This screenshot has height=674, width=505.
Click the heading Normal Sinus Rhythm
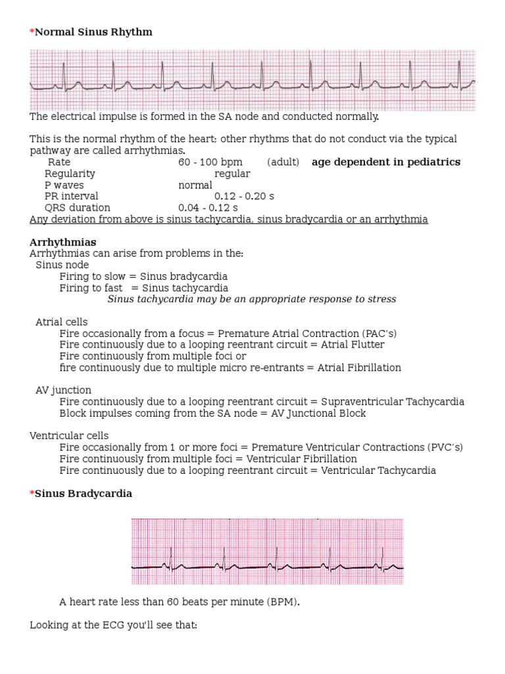tap(93, 32)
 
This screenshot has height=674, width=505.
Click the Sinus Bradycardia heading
tap(84, 494)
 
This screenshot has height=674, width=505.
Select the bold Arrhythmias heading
tap(62, 242)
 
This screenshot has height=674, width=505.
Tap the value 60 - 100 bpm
tap(210, 162)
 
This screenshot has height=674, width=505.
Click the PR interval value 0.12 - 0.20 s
tap(245, 196)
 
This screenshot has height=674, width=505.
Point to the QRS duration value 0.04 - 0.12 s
tap(208, 208)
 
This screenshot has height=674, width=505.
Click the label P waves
tap(64, 185)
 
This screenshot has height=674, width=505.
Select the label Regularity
tap(70, 174)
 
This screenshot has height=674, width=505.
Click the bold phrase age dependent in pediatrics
tap(386, 162)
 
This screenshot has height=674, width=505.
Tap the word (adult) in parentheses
tap(283, 162)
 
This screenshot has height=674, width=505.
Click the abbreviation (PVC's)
tap(445, 448)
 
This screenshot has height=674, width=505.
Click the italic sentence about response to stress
tap(252, 299)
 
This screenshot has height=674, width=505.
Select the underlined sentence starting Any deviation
tap(229, 219)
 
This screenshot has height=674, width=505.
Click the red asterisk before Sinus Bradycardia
tap(32, 494)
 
